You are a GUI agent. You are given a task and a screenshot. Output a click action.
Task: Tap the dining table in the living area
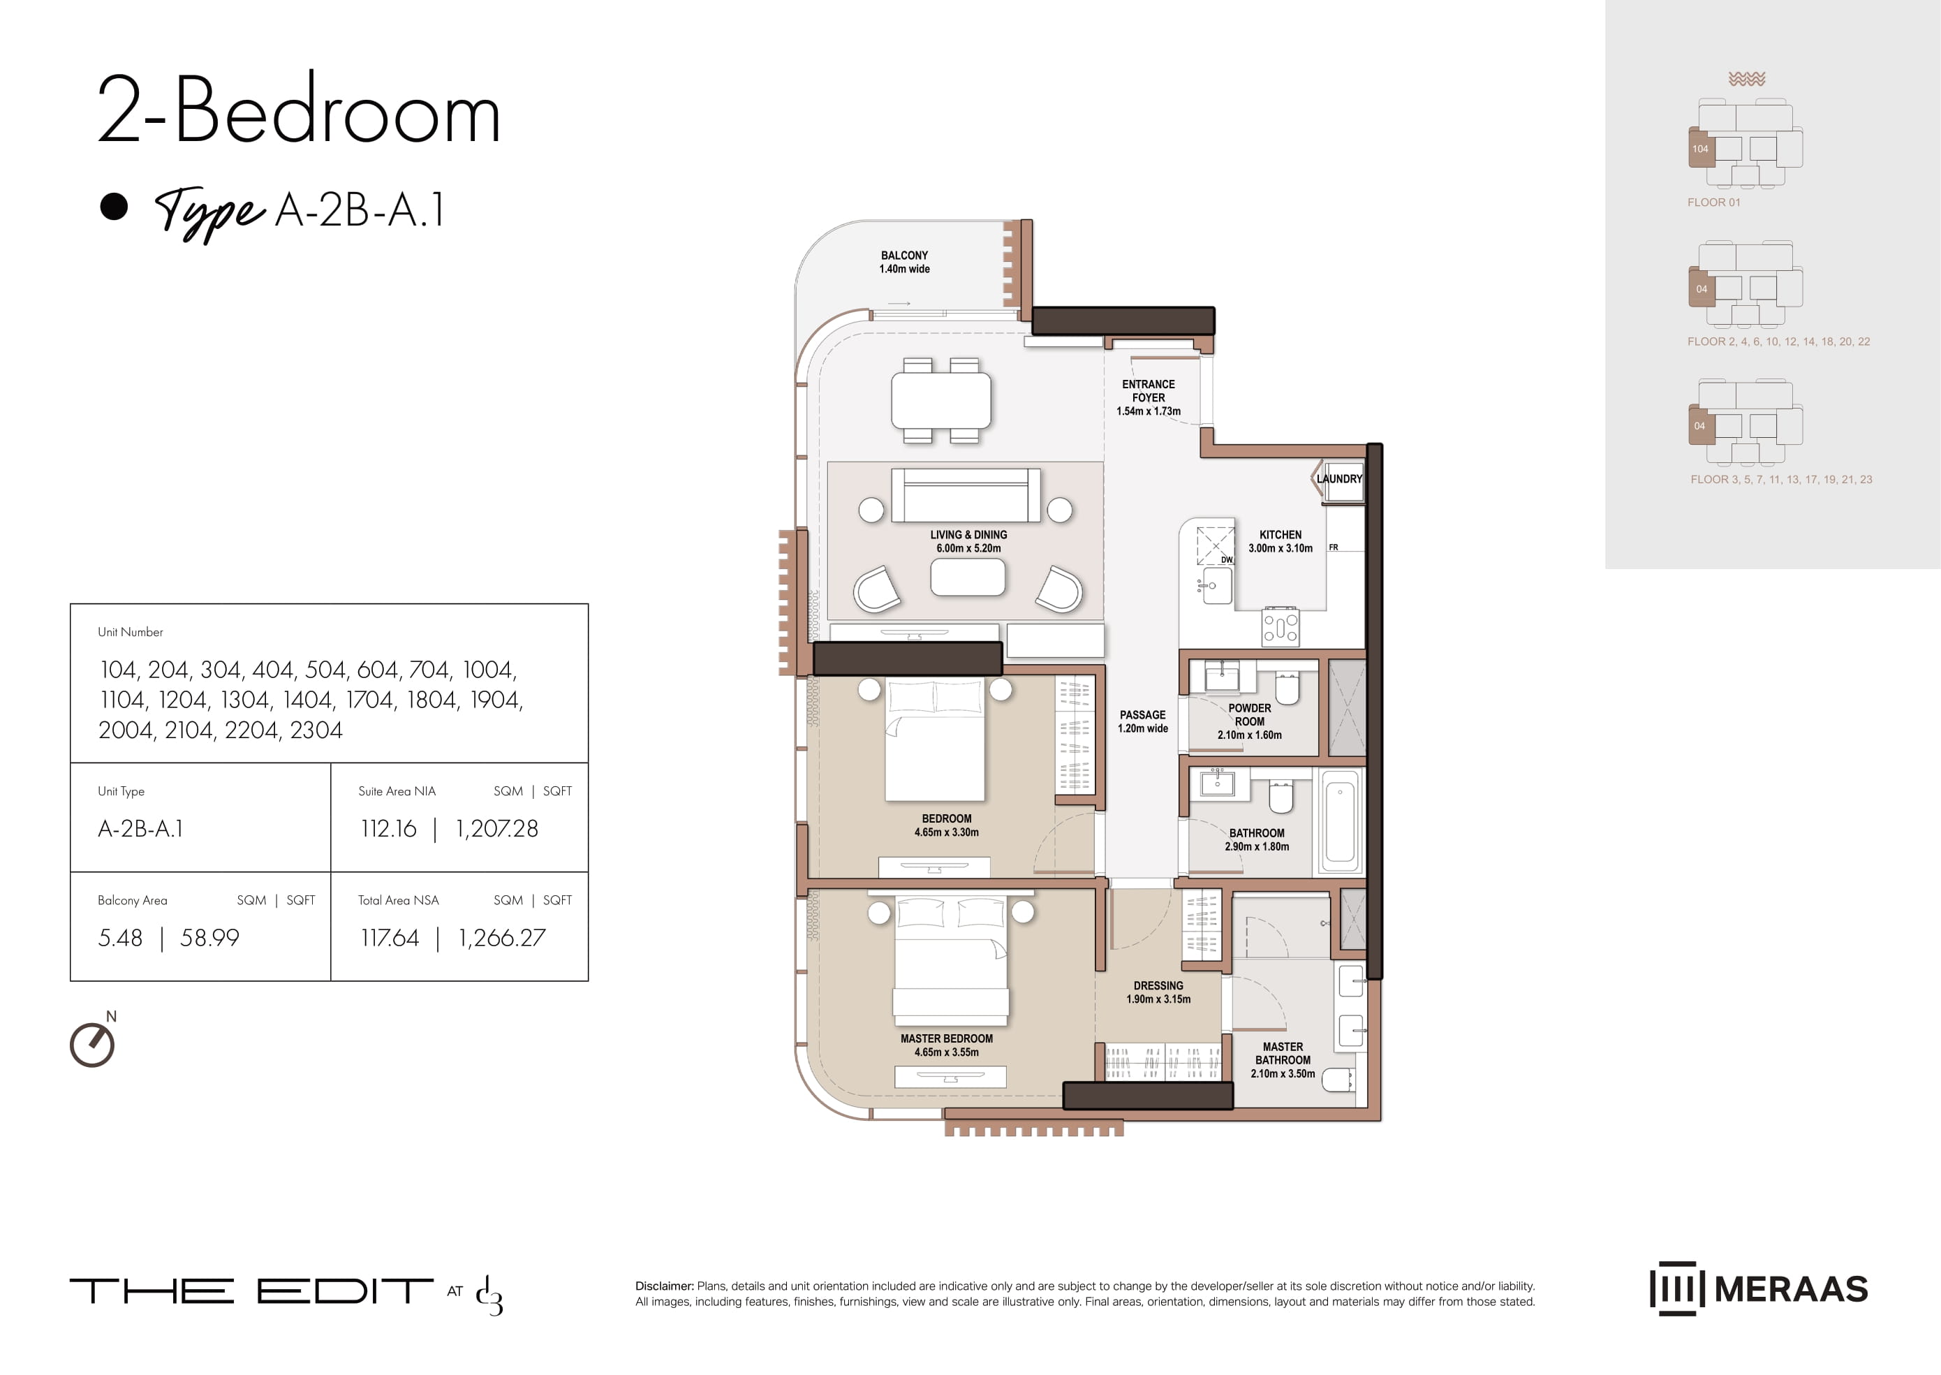tap(940, 400)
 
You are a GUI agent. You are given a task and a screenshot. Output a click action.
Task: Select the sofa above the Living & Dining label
tap(966, 495)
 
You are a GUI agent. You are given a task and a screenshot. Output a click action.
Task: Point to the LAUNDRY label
tap(1339, 478)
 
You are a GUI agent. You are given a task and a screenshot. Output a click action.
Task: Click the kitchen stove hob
tap(1281, 626)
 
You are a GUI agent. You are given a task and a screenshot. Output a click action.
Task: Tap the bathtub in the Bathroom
tap(1340, 821)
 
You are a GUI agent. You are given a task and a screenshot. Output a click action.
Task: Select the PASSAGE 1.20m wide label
tap(1143, 721)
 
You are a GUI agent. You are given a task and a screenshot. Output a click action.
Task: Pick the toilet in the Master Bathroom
tap(1338, 1080)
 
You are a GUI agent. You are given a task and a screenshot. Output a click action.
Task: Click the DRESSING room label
tap(1158, 992)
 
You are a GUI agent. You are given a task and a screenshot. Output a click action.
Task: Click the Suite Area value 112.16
tap(388, 828)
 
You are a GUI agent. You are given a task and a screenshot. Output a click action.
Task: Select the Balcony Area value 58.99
tap(210, 937)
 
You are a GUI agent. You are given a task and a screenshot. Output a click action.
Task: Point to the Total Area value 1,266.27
tap(502, 937)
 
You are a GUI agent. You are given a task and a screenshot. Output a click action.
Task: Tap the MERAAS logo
tap(1759, 1288)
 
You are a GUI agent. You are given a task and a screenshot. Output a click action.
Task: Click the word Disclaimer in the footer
tap(665, 1286)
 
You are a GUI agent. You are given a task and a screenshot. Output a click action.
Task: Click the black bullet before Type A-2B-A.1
tap(113, 207)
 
